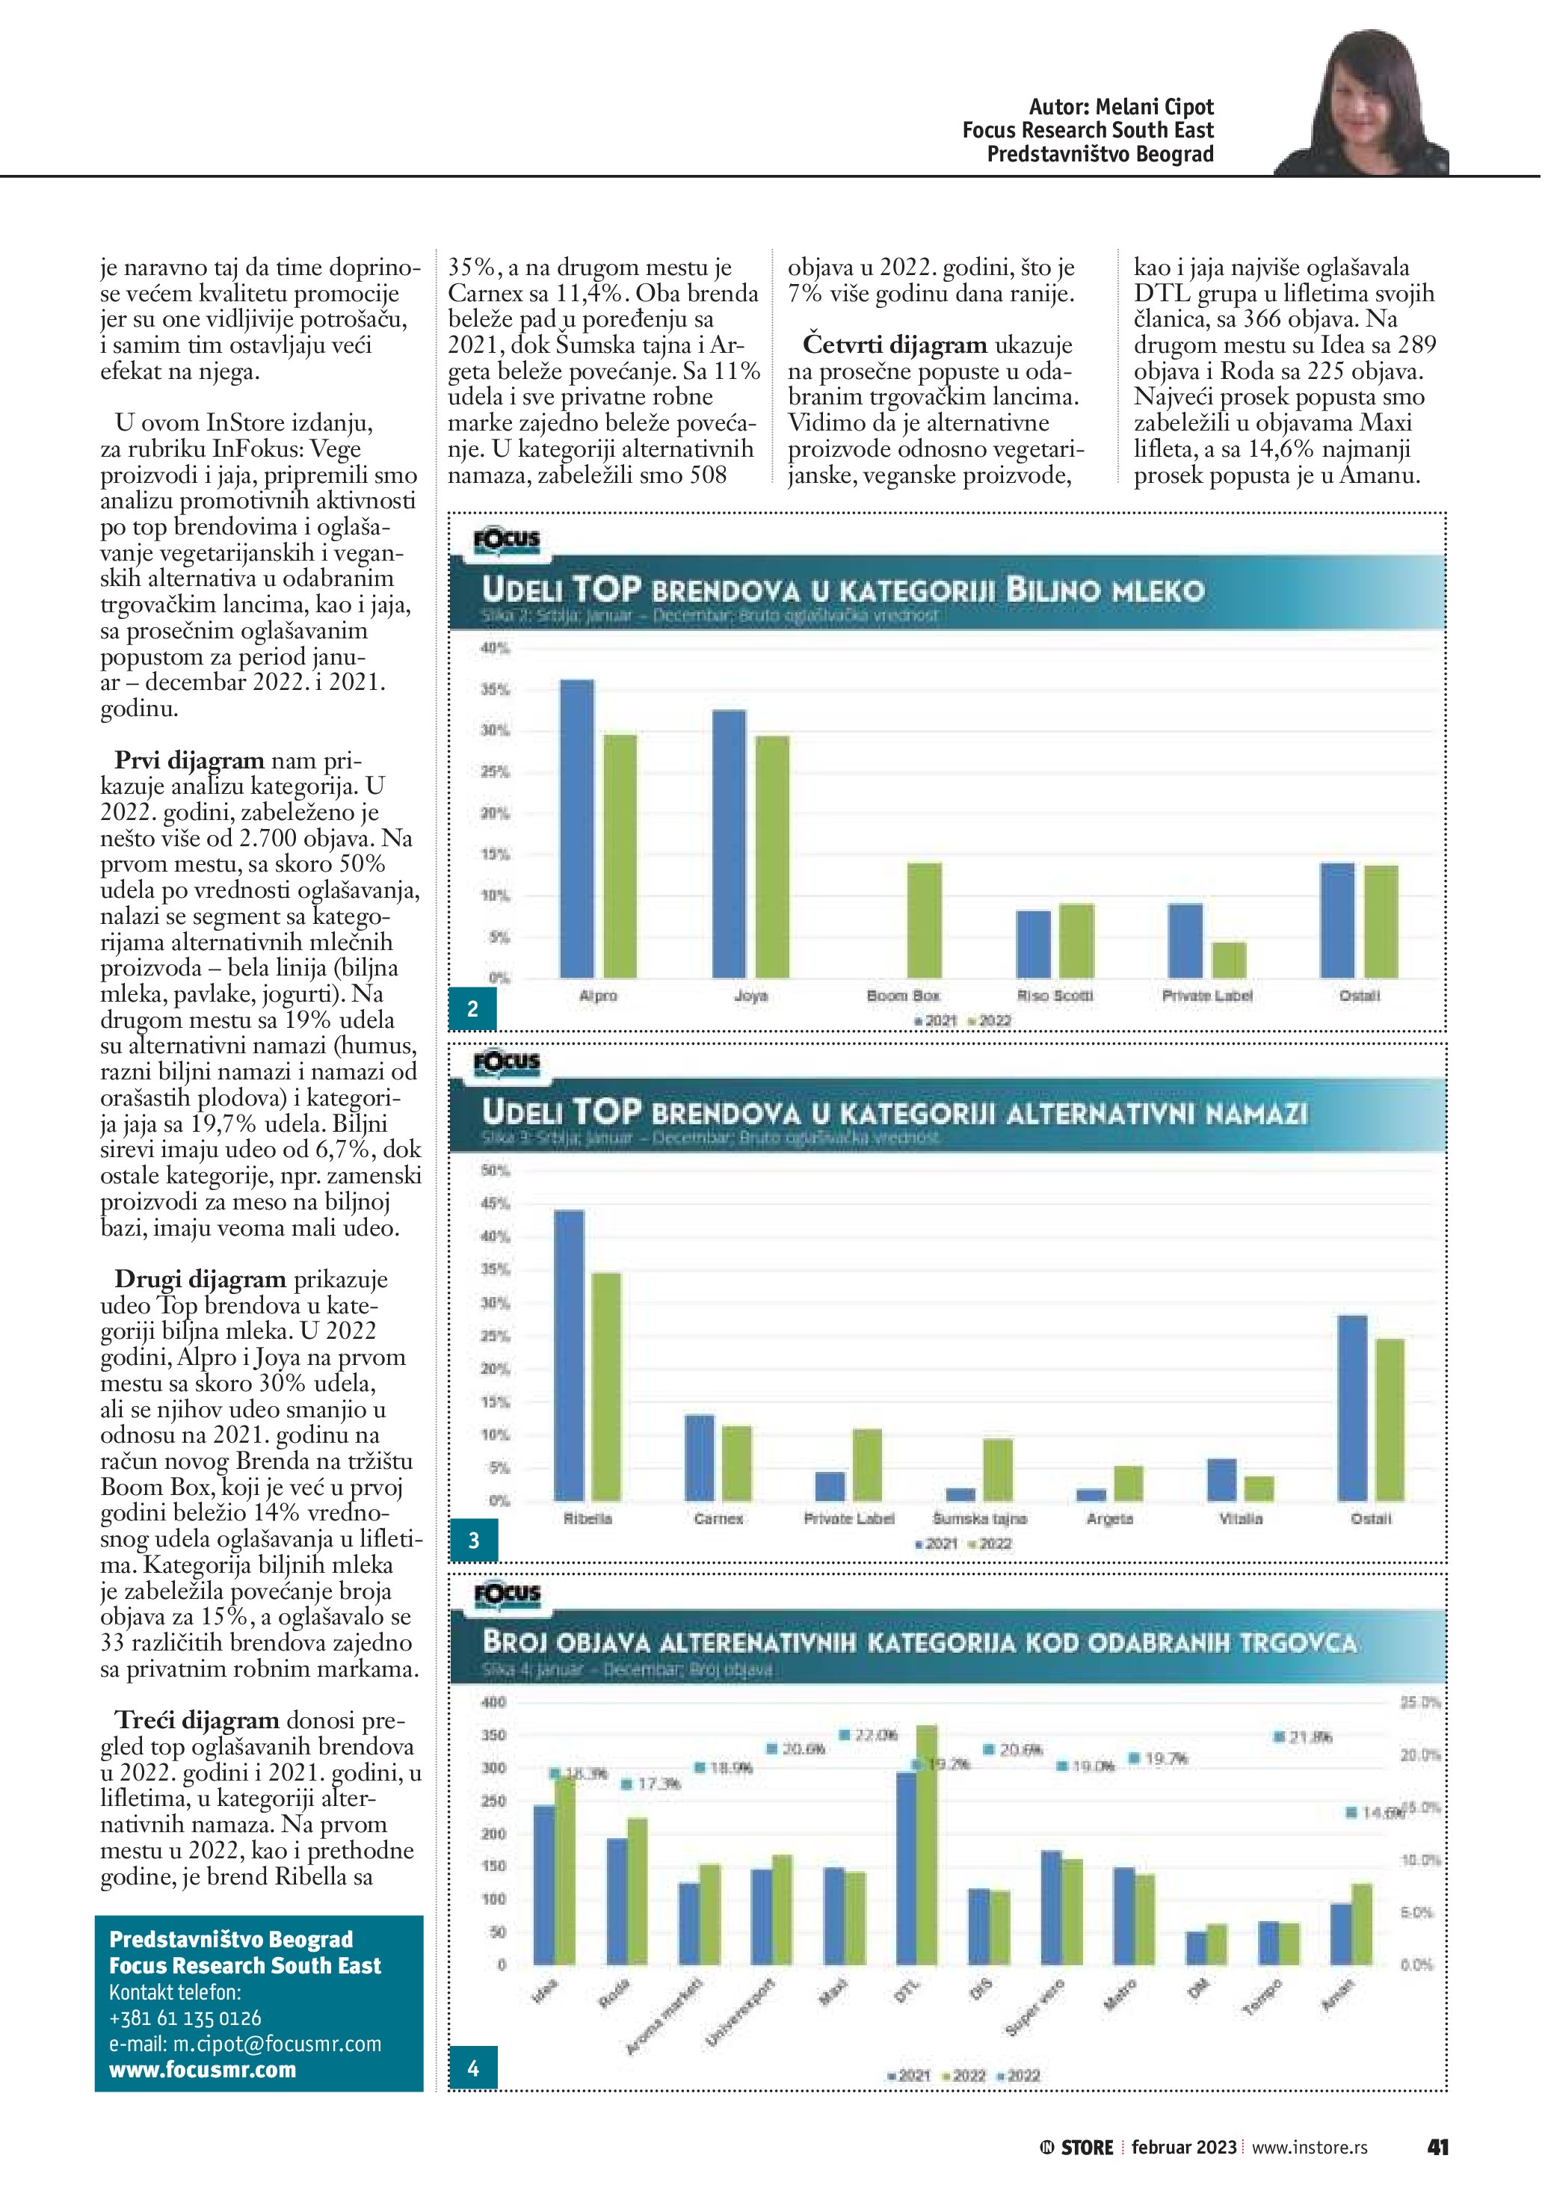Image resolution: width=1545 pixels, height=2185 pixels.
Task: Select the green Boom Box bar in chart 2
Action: point(924,920)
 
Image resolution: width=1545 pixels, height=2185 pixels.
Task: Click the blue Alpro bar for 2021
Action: point(576,828)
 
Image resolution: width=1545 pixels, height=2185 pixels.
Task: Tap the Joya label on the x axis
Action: point(750,996)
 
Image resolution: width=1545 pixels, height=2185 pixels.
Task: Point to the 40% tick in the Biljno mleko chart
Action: point(495,648)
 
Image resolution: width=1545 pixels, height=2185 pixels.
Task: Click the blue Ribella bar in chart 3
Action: point(569,1355)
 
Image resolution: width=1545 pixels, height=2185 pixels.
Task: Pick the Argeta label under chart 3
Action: point(1109,1519)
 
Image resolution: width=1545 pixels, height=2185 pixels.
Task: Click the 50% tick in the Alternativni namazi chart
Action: point(495,1171)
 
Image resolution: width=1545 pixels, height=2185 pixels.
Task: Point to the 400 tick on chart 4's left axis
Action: point(495,1703)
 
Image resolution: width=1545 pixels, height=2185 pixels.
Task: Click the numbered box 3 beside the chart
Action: point(473,1540)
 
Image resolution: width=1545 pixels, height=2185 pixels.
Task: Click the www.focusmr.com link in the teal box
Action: point(203,2070)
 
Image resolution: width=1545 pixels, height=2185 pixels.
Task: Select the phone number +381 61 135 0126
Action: point(185,2018)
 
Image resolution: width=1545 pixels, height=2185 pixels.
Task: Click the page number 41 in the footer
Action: point(1437,2147)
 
